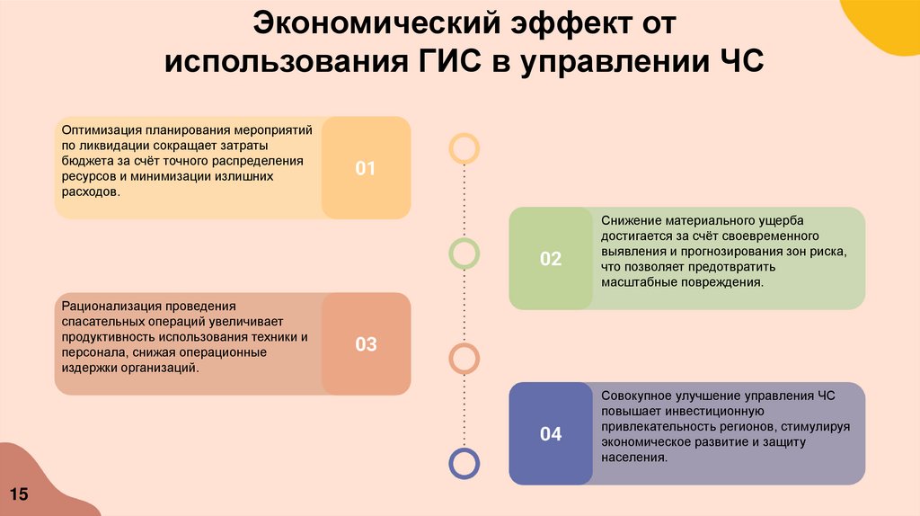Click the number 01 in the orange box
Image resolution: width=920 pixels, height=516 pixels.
pyautogui.click(x=365, y=168)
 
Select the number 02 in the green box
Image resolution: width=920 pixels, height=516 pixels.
pyautogui.click(x=550, y=259)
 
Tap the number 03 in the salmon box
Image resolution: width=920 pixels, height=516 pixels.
pyautogui.click(x=366, y=344)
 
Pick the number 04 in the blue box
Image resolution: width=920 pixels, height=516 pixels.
pyautogui.click(x=550, y=434)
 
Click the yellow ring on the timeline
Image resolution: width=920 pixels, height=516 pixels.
pyautogui.click(x=464, y=147)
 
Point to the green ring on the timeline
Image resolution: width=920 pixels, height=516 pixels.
pyautogui.click(x=464, y=254)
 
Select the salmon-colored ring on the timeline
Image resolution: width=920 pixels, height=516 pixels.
pyautogui.click(x=464, y=359)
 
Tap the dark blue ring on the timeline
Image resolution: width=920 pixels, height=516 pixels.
pyautogui.click(x=464, y=463)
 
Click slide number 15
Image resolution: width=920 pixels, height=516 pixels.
pyautogui.click(x=19, y=494)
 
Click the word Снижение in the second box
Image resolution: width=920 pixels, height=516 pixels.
pyautogui.click(x=629, y=220)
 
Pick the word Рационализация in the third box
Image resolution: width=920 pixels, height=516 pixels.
pyautogui.click(x=115, y=306)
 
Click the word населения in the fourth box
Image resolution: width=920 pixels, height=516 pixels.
pyautogui.click(x=634, y=457)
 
